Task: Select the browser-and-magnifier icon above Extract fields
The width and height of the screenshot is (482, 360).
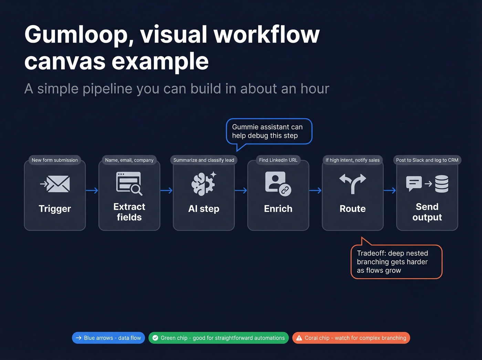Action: click(129, 183)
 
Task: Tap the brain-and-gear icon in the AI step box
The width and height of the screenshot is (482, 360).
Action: click(203, 184)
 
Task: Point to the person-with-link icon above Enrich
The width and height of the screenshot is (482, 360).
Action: click(278, 184)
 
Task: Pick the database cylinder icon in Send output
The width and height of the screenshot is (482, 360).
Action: click(442, 184)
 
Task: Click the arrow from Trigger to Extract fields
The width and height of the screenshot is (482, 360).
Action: click(92, 191)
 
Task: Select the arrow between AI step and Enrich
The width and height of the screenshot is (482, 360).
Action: click(241, 191)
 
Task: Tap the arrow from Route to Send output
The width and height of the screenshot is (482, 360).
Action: click(390, 191)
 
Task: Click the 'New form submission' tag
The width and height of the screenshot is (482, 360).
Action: click(55, 160)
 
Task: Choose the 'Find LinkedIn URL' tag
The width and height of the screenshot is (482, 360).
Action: click(278, 160)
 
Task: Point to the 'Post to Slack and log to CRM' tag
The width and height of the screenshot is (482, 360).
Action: click(427, 160)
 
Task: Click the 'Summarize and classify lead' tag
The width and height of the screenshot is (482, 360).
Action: click(203, 160)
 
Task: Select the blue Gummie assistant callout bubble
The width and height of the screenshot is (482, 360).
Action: click(269, 131)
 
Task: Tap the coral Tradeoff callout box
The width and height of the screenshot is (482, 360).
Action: click(396, 262)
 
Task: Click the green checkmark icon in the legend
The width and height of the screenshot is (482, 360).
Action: click(155, 338)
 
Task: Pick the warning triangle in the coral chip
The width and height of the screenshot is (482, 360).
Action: click(299, 338)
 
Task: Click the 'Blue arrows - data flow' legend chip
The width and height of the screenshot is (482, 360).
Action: click(108, 338)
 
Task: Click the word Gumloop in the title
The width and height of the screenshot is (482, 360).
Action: click(79, 35)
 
